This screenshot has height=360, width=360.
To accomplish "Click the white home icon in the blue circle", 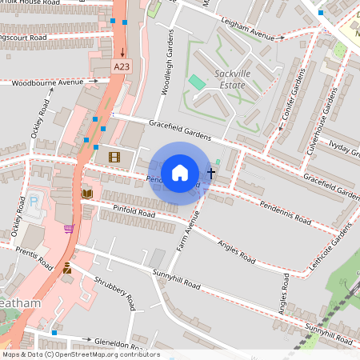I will tap(180, 172).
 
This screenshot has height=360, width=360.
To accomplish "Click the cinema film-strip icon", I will tap(114, 157).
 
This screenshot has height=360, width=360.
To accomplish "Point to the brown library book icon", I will tap(86, 194).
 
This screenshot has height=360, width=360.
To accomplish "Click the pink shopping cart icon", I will tap(69, 229).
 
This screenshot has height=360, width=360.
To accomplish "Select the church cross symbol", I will tap(211, 172).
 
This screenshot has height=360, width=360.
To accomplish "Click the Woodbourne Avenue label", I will tap(48, 82).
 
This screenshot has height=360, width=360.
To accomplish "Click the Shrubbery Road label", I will tap(116, 293).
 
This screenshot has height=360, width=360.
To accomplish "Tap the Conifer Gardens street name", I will tap(296, 101).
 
